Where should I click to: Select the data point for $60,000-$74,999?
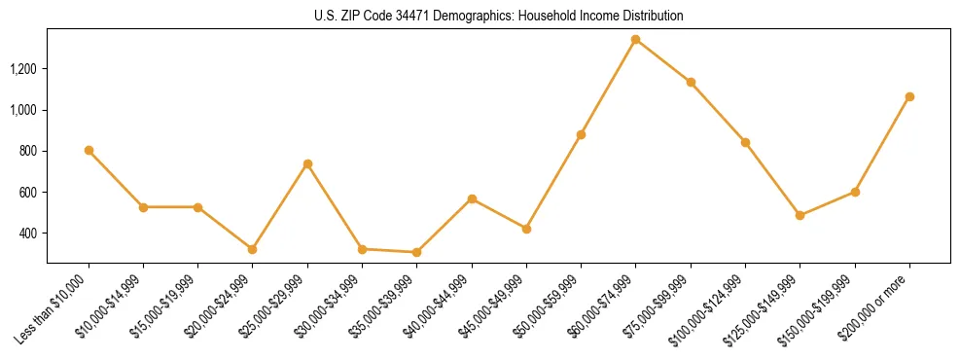[635, 40]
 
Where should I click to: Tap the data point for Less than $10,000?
[89, 150]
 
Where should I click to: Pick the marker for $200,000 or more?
[909, 96]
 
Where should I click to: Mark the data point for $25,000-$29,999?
[307, 163]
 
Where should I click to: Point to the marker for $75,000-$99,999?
[691, 82]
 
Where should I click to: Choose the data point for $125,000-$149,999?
[800, 215]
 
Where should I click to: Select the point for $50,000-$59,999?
[581, 134]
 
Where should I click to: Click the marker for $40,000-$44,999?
[472, 198]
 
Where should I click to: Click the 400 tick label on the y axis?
[28, 234]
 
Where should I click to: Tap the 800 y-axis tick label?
[28, 151]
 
